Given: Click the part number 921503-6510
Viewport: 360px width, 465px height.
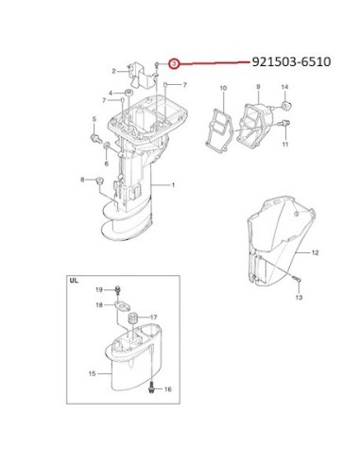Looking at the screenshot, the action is (291, 61).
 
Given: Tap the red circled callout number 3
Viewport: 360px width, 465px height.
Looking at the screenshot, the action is (174, 64).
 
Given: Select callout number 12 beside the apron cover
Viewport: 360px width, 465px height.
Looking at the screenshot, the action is (315, 252).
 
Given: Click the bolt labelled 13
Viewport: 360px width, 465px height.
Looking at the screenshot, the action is (297, 279).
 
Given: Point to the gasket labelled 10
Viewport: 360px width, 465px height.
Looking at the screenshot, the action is (219, 130).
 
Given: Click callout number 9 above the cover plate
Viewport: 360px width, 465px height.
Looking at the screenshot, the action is (258, 87).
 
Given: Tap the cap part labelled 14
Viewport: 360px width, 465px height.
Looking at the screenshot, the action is (286, 105).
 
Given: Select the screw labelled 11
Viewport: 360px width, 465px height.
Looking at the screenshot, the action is (285, 123).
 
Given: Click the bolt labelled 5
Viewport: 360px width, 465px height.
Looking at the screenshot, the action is (94, 137).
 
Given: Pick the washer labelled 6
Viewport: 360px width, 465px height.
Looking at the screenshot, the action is (107, 146).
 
